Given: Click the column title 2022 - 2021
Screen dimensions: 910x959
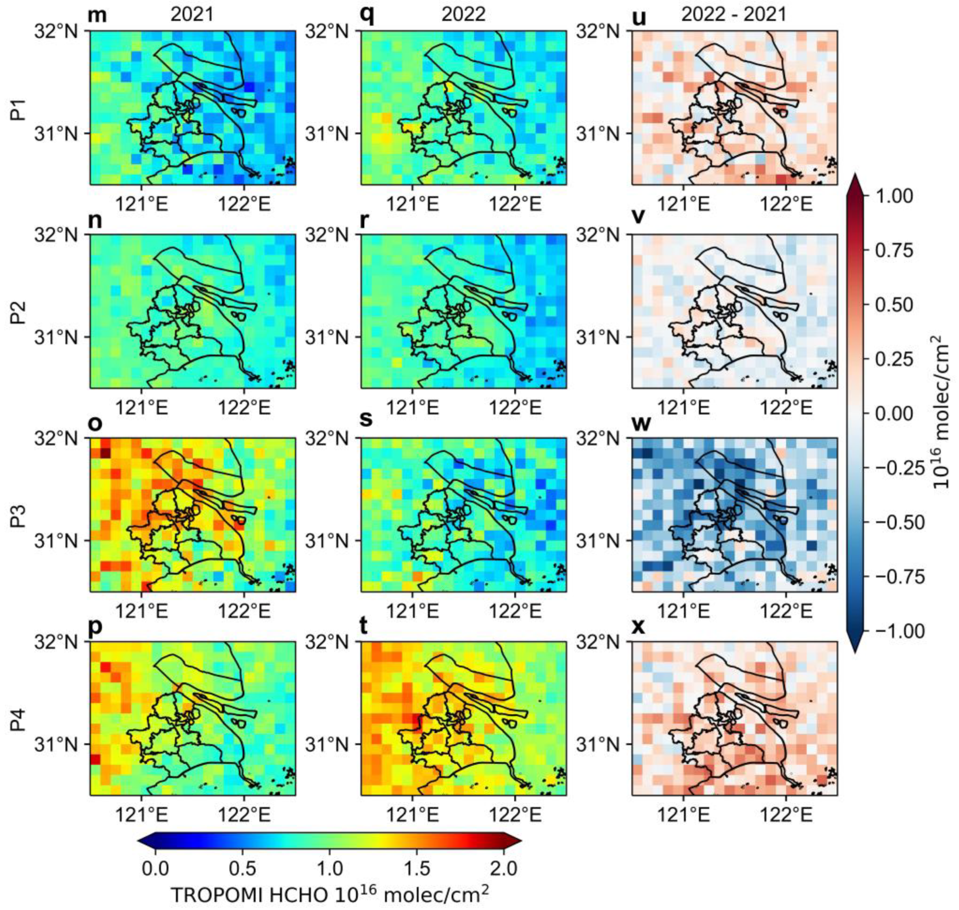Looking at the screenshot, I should pos(733,15).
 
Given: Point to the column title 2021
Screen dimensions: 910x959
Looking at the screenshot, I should pos(192,15).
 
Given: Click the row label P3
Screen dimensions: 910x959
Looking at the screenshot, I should pos(18,514).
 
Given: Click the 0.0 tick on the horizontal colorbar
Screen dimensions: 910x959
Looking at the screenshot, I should pos(155,868).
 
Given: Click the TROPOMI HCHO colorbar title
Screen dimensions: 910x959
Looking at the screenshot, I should pos(329,895).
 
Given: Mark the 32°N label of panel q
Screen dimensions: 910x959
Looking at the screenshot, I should pos(327,31).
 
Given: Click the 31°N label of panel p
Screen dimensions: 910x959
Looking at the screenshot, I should pos(56,744).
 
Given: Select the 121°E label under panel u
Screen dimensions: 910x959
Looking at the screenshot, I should pos(684,204).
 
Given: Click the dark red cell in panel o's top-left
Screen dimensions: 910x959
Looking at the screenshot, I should pos(105,452).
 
